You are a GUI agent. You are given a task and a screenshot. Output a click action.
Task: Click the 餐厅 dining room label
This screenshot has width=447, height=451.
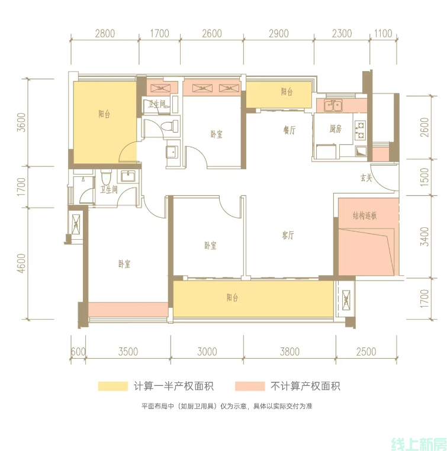tap(290, 130)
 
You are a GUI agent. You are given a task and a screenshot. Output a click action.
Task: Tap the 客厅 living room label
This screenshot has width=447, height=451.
tap(288, 236)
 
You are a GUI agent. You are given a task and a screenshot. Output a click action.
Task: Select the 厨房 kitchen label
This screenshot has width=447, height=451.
tap(335, 129)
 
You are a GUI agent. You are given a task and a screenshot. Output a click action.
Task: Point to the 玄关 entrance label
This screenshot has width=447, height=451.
tap(366, 178)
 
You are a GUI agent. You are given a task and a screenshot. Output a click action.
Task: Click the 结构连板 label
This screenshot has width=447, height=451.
tap(365, 215)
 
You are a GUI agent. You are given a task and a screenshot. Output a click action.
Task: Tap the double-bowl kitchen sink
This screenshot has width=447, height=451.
tap(333, 105)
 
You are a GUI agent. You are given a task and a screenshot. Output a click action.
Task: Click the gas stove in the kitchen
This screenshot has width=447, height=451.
tap(361, 130)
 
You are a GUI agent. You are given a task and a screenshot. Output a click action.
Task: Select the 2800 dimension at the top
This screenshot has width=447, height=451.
tap(105, 34)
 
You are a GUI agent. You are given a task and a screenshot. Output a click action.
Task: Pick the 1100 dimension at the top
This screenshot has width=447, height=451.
tap(383, 34)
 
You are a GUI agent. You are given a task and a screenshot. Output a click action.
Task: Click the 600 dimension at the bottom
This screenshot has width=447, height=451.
tap(78, 352)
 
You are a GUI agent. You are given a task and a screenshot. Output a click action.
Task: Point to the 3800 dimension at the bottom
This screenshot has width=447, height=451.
tap(290, 352)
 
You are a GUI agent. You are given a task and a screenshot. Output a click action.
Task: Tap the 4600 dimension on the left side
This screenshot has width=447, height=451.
tap(21, 263)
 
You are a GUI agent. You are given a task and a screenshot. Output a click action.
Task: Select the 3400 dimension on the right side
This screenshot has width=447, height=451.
tap(425, 237)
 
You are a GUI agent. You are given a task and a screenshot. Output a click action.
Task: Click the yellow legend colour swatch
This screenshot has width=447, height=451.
tap(112, 386)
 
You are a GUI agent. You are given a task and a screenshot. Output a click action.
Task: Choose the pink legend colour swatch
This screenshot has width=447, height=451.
tap(250, 386)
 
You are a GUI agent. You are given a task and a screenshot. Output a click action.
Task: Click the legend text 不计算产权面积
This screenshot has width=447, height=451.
tap(305, 386)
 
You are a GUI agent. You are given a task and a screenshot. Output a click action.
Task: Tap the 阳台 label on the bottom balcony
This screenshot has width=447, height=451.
tap(233, 297)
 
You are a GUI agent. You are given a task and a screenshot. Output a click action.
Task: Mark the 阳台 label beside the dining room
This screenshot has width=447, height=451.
tap(287, 92)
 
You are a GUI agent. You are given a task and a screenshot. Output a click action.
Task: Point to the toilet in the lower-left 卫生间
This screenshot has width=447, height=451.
tap(106, 178)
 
